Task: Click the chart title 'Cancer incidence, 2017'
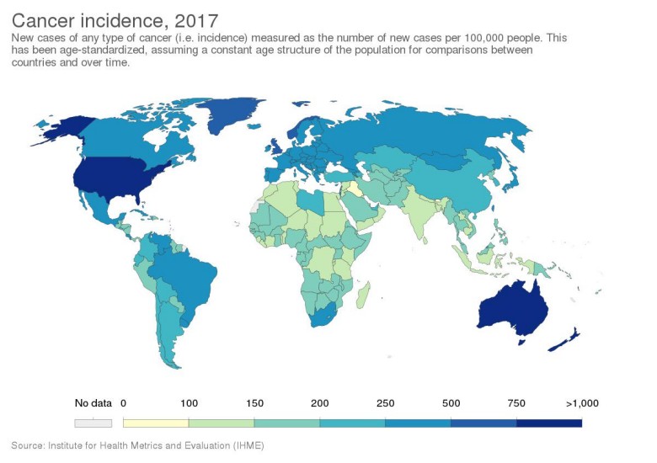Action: [x=115, y=18]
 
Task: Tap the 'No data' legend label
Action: [x=92, y=403]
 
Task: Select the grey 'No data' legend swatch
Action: [x=92, y=423]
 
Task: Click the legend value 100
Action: [x=188, y=403]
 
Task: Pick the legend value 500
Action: [x=450, y=403]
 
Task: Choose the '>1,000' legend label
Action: [x=580, y=403]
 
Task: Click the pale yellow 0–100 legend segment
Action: [x=155, y=423]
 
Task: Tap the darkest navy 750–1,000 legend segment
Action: [x=548, y=423]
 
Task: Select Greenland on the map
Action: [x=227, y=114]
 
